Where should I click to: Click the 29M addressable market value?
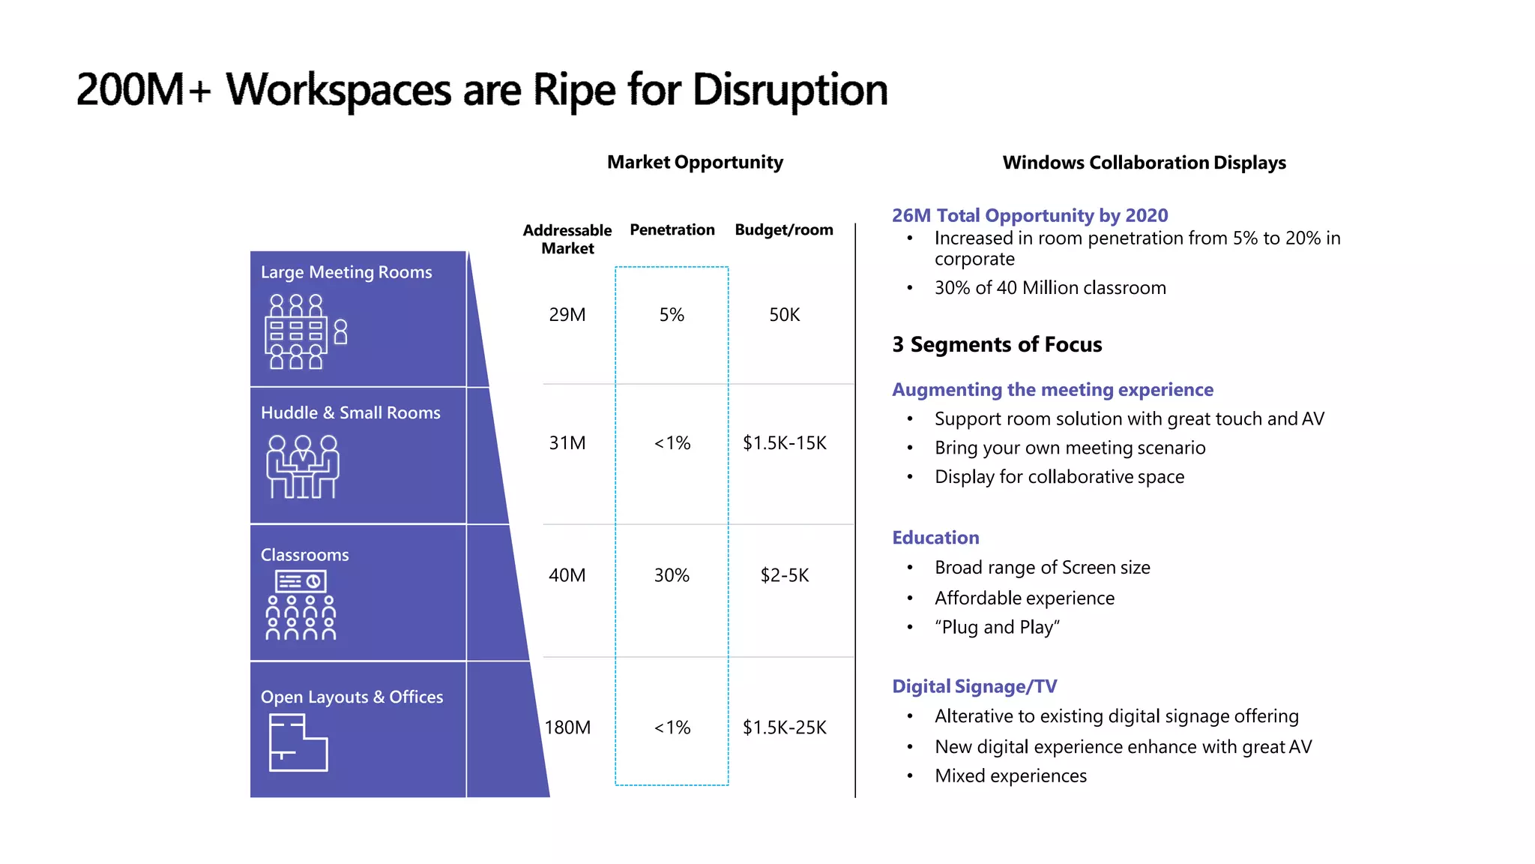[567, 315]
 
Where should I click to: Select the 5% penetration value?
[672, 315]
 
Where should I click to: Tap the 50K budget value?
[784, 315]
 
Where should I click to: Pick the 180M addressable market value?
[567, 727]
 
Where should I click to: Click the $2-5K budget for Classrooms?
[784, 575]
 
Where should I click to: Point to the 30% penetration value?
[672, 575]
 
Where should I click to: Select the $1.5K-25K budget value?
[784, 727]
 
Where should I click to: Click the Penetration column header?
[672, 229]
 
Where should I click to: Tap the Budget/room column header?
[784, 229]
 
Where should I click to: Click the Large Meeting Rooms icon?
[305, 331]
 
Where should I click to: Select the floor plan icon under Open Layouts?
[298, 742]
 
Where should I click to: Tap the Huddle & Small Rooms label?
[350, 412]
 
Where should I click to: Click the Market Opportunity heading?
[695, 162]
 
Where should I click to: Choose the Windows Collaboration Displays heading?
[1144, 163]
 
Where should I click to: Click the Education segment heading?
[935, 538]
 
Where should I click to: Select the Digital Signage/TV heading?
[974, 686]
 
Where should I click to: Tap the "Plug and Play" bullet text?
[997, 627]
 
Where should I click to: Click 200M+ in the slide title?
[142, 90]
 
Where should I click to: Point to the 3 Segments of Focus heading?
[997, 344]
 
